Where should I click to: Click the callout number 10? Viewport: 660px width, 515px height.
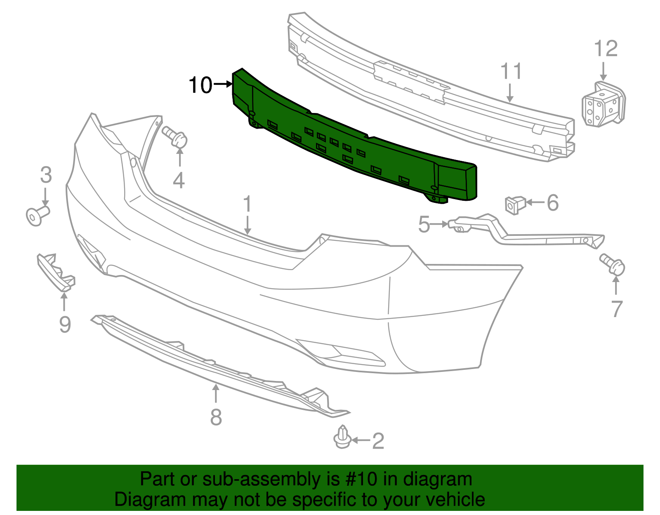click(x=200, y=85)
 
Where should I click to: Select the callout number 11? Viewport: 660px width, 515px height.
click(x=511, y=71)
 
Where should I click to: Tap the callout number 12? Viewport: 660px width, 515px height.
click(x=606, y=49)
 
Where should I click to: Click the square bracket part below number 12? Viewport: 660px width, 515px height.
click(x=603, y=105)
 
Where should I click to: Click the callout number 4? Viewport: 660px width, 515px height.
click(x=179, y=181)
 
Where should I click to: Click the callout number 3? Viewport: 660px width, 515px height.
click(x=46, y=175)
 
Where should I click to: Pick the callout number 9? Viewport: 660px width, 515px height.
click(x=65, y=325)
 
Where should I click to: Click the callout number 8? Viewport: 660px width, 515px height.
click(x=216, y=417)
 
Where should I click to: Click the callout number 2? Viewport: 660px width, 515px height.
click(x=378, y=441)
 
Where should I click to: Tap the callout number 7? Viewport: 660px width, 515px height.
click(x=616, y=309)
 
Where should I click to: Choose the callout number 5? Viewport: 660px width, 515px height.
click(x=424, y=225)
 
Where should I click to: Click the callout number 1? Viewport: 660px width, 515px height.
click(x=247, y=204)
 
